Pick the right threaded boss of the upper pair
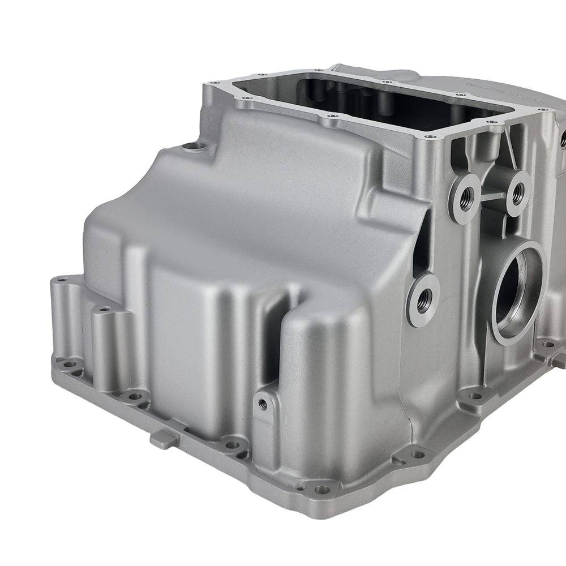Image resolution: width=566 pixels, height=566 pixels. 517,193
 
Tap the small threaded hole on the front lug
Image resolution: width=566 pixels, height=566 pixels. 262,404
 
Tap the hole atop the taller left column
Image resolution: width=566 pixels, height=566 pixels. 104,310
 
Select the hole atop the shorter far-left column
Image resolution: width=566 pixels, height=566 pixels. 63,280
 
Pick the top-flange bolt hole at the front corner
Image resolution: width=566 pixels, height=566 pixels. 433,136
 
